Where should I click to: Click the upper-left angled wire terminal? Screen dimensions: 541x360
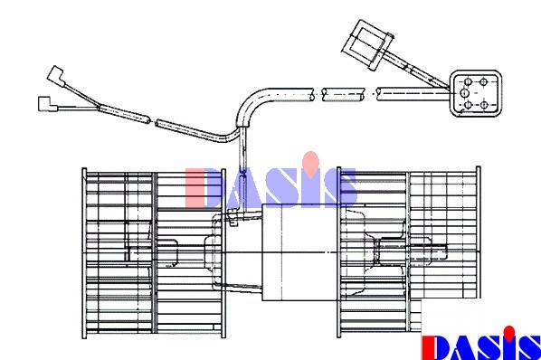pos(55,76)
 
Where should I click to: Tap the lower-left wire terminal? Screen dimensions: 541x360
pos(48,104)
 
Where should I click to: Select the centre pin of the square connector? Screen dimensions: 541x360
pos(464,93)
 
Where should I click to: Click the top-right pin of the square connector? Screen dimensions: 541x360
pos(483,82)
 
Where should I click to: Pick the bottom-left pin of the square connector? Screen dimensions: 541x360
pos(469,104)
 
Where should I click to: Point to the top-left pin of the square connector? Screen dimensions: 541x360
pos(468,82)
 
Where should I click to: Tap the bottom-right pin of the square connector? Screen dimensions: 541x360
pos(484,104)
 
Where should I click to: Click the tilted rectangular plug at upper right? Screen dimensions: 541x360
pos(368,45)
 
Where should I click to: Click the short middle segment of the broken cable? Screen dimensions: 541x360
pos(343,94)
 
